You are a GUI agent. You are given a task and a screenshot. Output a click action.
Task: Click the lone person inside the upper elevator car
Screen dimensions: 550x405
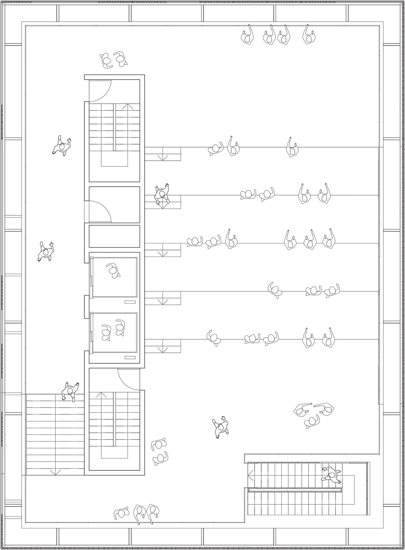pos(113,270)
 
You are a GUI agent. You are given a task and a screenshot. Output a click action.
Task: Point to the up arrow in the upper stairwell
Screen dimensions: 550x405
pos(128,106)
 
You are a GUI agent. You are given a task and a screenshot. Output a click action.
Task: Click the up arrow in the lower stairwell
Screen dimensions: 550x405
pos(101,395)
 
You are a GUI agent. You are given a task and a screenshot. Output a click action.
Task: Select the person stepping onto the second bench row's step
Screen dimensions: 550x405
pos(162,194)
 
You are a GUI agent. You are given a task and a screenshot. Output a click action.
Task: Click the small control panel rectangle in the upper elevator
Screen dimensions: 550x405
pos(130,302)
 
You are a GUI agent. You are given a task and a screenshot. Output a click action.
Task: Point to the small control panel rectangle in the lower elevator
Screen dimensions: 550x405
pos(130,357)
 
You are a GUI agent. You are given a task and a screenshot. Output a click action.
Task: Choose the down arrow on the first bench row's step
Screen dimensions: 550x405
pos(163,157)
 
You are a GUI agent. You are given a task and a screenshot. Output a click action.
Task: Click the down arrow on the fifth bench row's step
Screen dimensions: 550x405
pos(163,349)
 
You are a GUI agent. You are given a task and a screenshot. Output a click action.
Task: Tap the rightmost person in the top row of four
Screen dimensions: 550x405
pos(309,35)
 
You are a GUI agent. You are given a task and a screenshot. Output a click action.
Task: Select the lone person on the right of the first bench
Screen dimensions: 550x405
pos(292,149)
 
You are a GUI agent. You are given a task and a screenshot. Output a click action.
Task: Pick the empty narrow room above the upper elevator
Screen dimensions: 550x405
pos(114,236)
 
